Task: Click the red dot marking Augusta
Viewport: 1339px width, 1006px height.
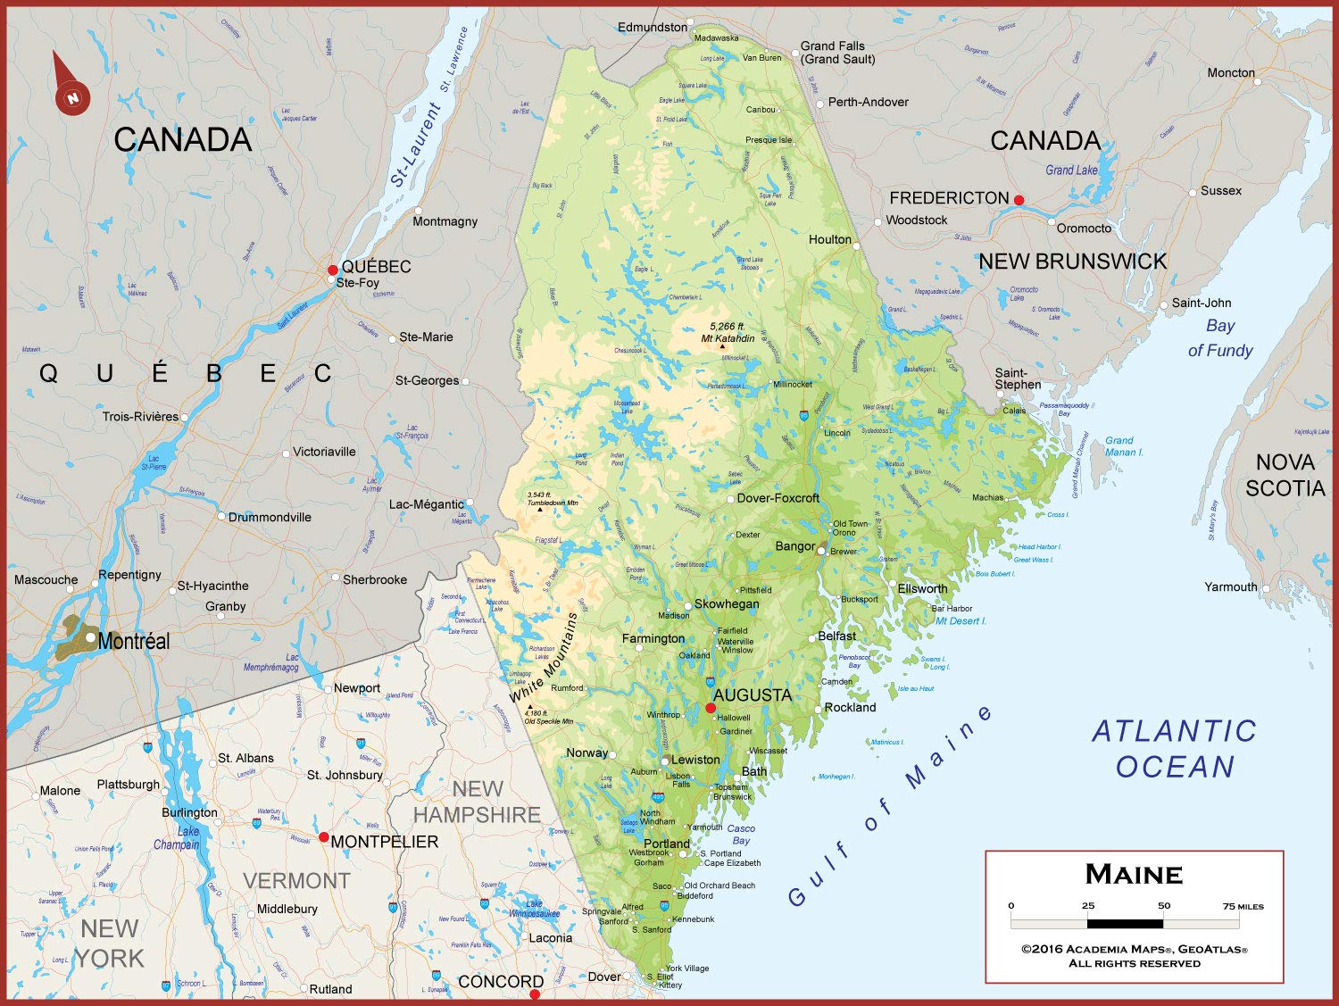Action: pyautogui.click(x=711, y=709)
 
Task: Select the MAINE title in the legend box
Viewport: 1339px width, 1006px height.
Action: pyautogui.click(x=1134, y=874)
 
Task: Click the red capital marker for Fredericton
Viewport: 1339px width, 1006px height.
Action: pyautogui.click(x=1019, y=200)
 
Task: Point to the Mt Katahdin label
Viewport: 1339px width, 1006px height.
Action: pyautogui.click(x=728, y=338)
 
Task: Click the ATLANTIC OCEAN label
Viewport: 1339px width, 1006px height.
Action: pyautogui.click(x=1175, y=749)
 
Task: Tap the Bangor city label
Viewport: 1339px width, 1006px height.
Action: pyautogui.click(x=794, y=546)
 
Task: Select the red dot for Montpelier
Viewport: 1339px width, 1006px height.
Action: pyautogui.click(x=324, y=837)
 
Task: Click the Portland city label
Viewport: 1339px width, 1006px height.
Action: pyautogui.click(x=666, y=844)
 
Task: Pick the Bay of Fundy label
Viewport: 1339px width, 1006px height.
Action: pyautogui.click(x=1220, y=338)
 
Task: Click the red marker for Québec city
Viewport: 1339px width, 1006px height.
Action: pyautogui.click(x=333, y=270)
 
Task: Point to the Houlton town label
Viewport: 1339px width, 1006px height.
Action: pyautogui.click(x=829, y=239)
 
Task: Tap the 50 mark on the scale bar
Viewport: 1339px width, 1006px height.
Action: pyautogui.click(x=1164, y=906)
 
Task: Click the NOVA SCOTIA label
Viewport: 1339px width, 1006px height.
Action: pyautogui.click(x=1285, y=475)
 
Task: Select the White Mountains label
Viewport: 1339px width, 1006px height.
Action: pyautogui.click(x=544, y=658)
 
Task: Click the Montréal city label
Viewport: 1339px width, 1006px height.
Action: pyautogui.click(x=134, y=641)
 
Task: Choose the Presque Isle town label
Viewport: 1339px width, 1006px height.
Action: pyautogui.click(x=768, y=140)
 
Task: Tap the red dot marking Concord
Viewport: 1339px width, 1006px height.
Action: pyautogui.click(x=535, y=994)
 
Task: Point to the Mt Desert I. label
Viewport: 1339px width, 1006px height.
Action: pyautogui.click(x=961, y=621)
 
